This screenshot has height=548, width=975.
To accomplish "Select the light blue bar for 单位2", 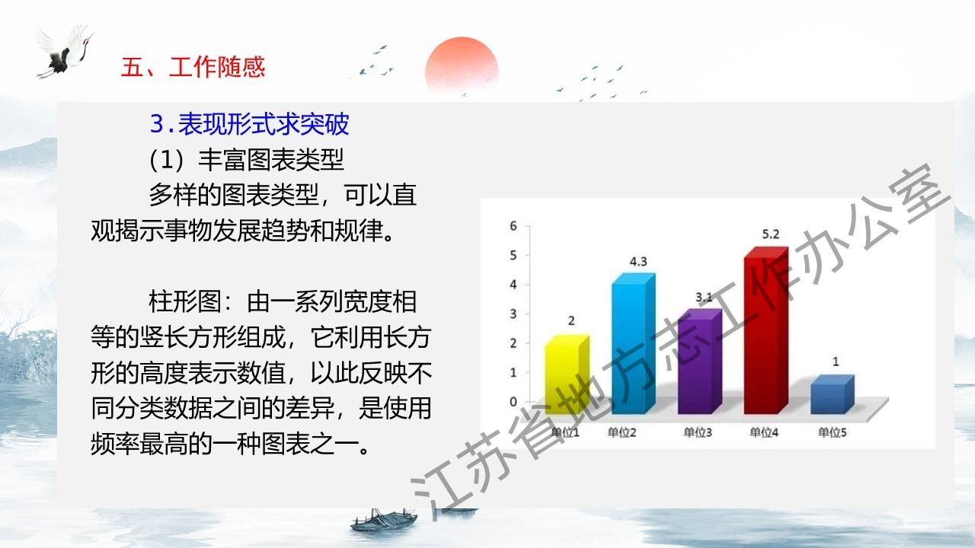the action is [x=633, y=343].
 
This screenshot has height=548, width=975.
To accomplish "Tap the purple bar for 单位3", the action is [x=700, y=361].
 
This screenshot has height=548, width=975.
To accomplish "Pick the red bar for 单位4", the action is [x=766, y=330].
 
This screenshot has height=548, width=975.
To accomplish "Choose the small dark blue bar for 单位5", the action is [x=833, y=394].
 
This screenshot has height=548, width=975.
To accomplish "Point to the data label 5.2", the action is [x=770, y=234].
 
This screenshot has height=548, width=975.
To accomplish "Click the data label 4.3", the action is [x=638, y=261].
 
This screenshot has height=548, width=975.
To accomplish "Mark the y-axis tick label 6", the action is [x=513, y=226].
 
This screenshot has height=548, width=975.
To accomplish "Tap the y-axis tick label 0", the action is [x=513, y=402].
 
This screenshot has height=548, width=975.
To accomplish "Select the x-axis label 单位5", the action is [x=833, y=432].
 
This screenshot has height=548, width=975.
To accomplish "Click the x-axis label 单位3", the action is [x=698, y=432].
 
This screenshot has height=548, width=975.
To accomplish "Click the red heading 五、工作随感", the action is [x=193, y=67].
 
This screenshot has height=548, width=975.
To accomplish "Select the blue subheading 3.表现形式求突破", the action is [x=249, y=124].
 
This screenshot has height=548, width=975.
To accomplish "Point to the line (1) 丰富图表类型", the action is [x=246, y=160].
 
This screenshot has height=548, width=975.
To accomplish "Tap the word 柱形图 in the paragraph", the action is [x=185, y=301].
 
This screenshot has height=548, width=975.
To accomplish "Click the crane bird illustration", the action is [x=66, y=53].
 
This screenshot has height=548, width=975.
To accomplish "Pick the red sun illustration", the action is [x=462, y=65].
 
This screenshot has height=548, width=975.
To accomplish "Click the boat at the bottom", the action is [x=384, y=520].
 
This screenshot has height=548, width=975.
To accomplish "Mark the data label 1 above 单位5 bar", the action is [x=836, y=362].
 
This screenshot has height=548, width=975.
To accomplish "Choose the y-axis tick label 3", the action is [x=513, y=314].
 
